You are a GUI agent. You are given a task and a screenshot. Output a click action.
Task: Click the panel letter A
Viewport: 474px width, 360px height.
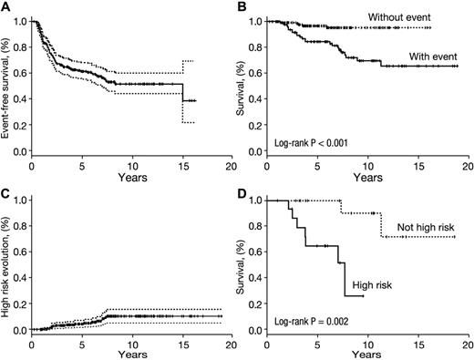pos(6,6)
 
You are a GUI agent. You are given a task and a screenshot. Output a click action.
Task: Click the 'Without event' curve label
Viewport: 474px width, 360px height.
pos(404,16)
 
